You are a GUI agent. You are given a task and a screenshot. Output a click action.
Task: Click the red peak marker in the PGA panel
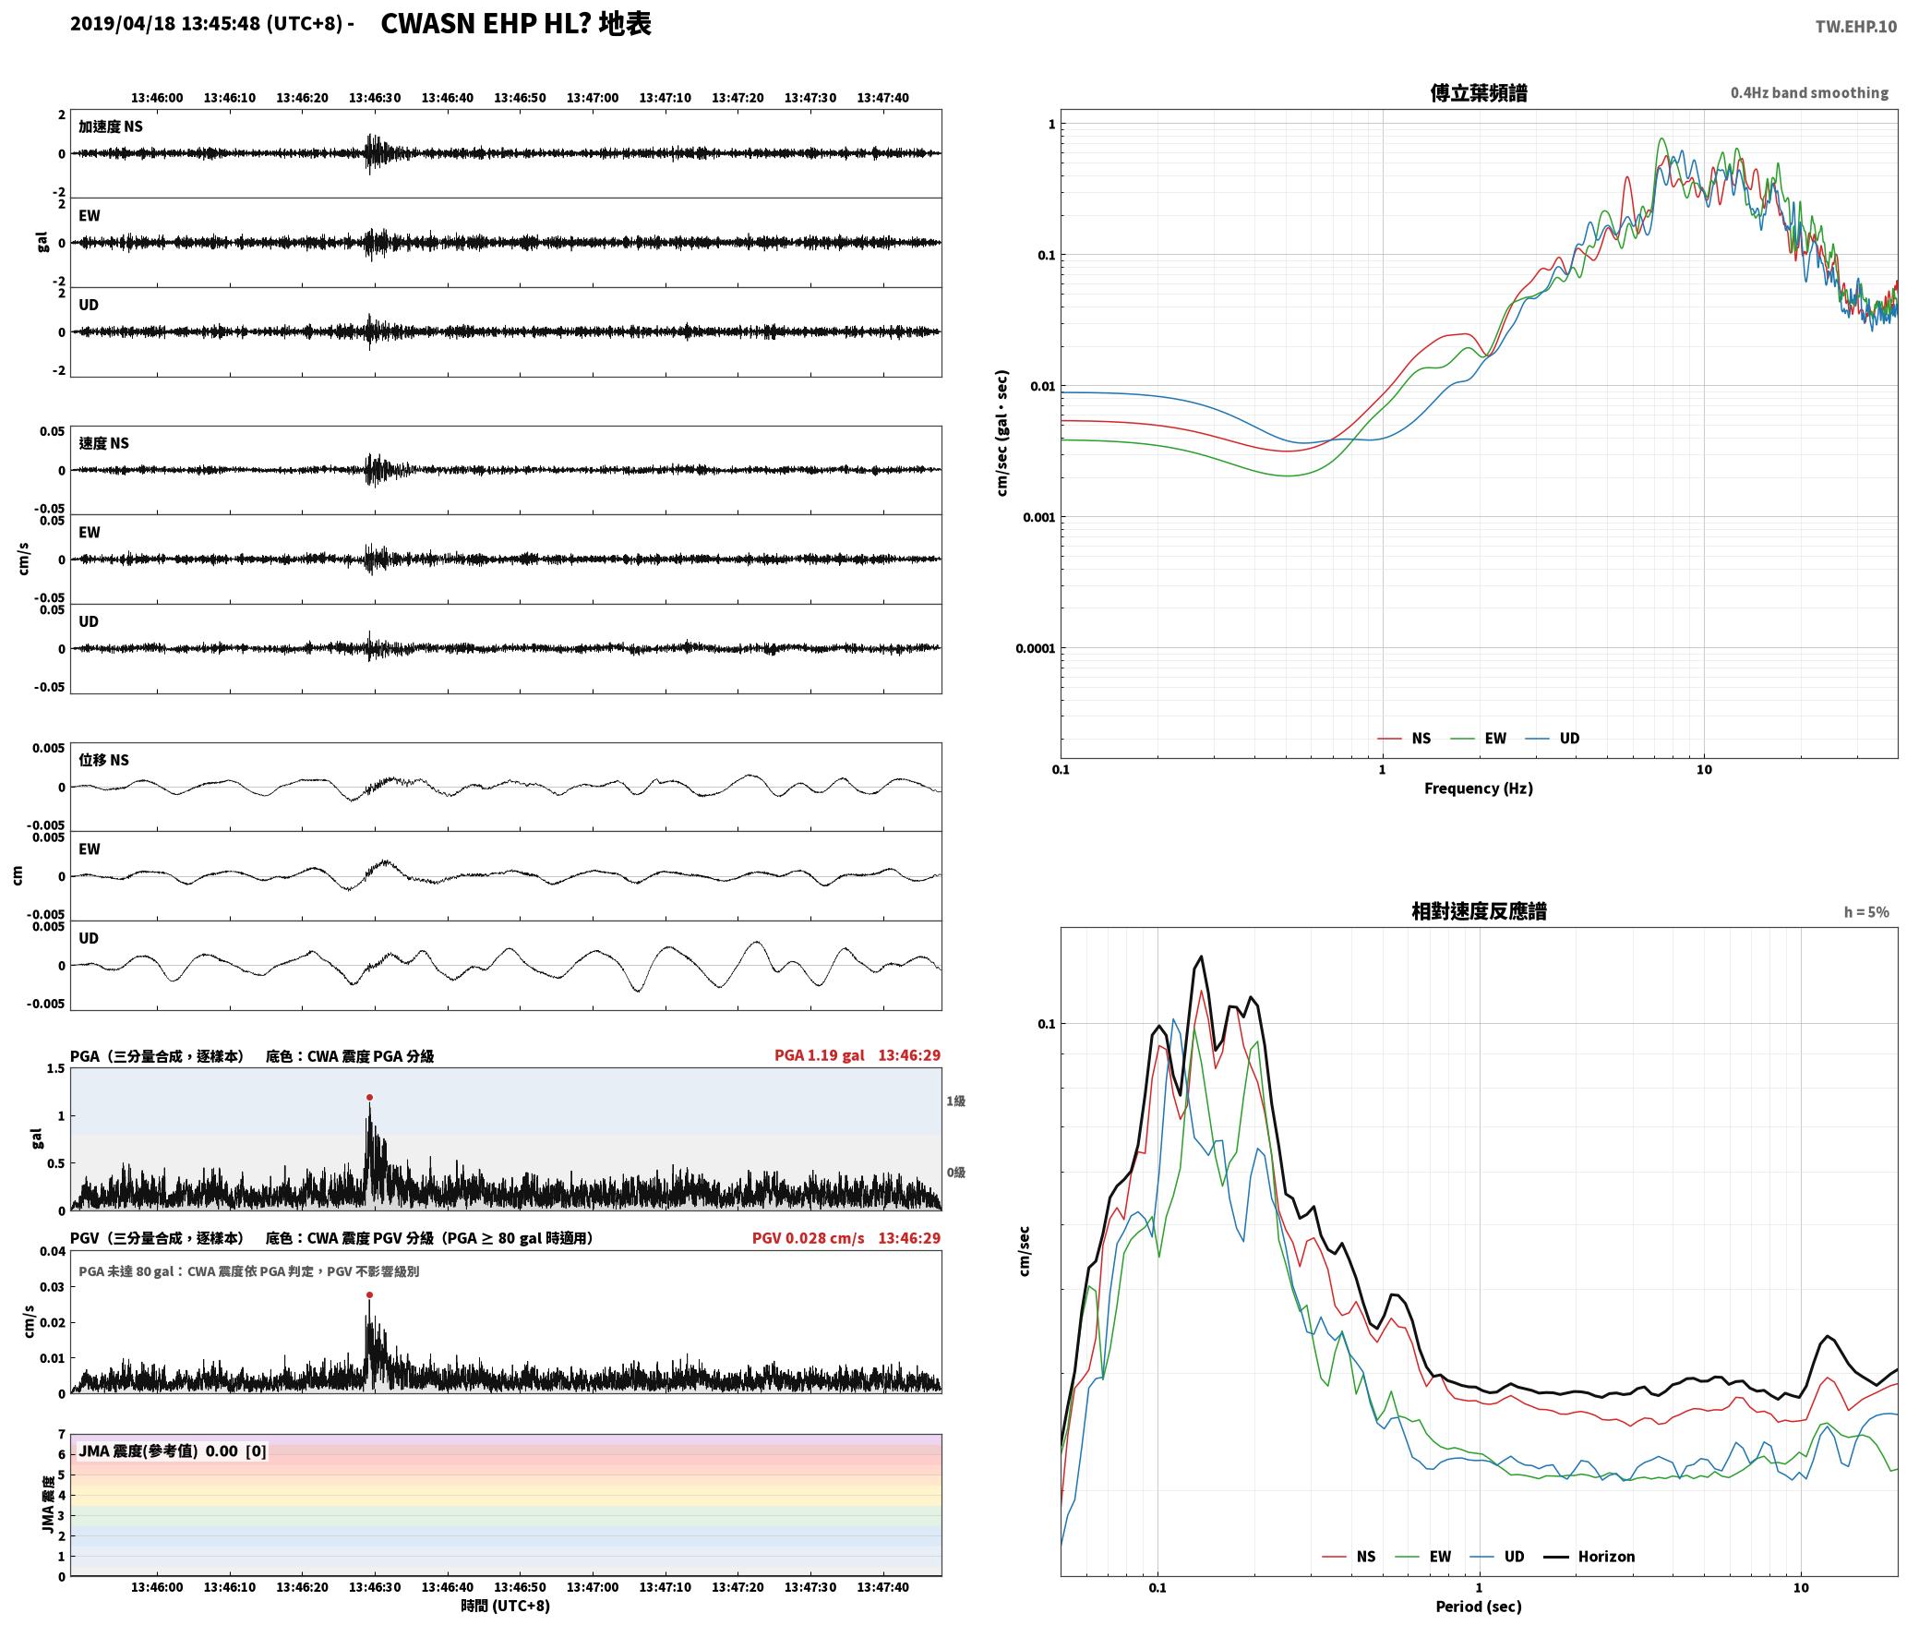pyautogui.click(x=369, y=1098)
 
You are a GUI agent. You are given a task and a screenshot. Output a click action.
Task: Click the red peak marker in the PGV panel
pyautogui.click(x=369, y=1294)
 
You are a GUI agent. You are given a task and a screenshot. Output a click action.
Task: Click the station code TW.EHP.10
pyautogui.click(x=1855, y=27)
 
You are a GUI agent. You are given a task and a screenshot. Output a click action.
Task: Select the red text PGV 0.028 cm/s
pyautogui.click(x=808, y=1238)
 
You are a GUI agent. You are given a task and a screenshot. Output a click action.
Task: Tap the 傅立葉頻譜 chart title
pyautogui.click(x=1478, y=92)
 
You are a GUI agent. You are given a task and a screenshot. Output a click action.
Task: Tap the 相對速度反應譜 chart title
pyautogui.click(x=1479, y=911)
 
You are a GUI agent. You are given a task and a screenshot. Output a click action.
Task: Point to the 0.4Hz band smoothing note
pyautogui.click(x=1809, y=93)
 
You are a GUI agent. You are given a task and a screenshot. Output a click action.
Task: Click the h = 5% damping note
pyautogui.click(x=1866, y=912)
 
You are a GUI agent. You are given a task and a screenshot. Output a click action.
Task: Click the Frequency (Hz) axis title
pyautogui.click(x=1478, y=788)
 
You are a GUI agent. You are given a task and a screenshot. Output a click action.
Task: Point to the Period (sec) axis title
pyautogui.click(x=1478, y=1607)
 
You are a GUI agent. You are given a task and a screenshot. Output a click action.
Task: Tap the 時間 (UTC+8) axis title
pyautogui.click(x=506, y=1606)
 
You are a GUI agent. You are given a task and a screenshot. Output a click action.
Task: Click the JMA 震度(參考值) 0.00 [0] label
pyautogui.click(x=173, y=1451)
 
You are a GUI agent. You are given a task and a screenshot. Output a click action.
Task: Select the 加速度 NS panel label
pyautogui.click(x=111, y=126)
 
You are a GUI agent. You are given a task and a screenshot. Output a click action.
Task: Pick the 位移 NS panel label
pyautogui.click(x=103, y=760)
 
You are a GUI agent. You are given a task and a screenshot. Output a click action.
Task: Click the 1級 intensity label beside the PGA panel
pyautogui.click(x=955, y=1101)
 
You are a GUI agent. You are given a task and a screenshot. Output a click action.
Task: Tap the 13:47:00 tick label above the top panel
pyautogui.click(x=593, y=97)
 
